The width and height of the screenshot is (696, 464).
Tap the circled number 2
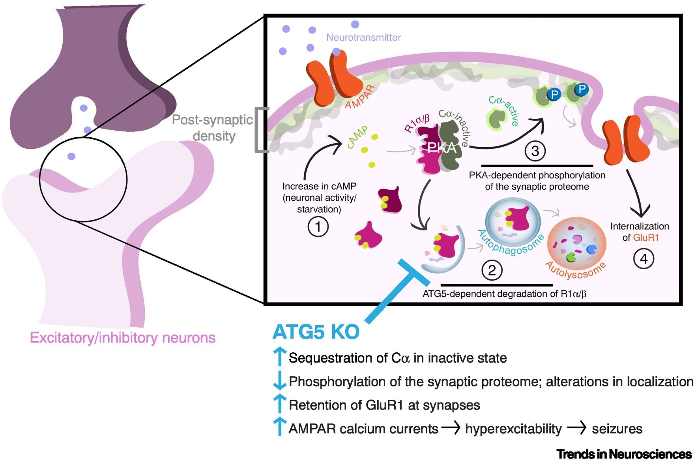point(492,270)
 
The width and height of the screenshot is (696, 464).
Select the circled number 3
point(535,151)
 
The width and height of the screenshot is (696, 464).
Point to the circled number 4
point(644,259)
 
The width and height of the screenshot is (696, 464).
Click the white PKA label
point(442,148)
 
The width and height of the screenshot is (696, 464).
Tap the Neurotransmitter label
point(363,37)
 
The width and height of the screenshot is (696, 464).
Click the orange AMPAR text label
point(359,98)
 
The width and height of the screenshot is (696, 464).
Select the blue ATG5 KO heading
point(316,332)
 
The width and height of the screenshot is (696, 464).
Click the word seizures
point(617,429)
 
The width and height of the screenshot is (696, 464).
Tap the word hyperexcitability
point(513,429)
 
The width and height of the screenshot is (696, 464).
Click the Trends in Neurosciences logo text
point(624,454)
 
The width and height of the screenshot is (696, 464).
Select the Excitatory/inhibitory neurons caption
point(123,338)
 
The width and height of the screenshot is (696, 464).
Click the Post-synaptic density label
point(213,127)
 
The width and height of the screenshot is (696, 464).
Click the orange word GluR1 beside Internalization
point(646,238)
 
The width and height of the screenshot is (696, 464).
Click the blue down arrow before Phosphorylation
point(279,380)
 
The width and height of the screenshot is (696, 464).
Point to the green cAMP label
point(357,137)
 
